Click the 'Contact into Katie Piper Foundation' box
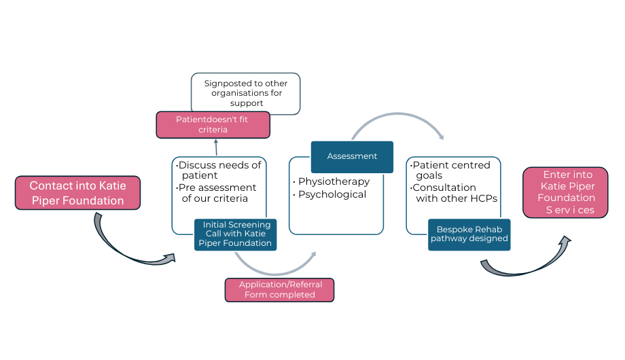tap(77, 193)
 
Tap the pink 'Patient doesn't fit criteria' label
tap(213, 124)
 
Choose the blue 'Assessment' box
tap(352, 156)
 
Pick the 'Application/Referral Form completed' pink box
tap(279, 289)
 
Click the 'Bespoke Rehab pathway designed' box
tap(469, 234)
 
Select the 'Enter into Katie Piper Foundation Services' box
tap(565, 192)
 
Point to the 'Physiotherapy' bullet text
tap(333, 181)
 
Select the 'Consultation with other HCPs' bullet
tap(454, 193)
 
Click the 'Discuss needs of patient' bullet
tap(218, 170)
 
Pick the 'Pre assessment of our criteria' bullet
tap(218, 193)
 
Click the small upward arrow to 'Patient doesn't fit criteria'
tap(216, 147)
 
